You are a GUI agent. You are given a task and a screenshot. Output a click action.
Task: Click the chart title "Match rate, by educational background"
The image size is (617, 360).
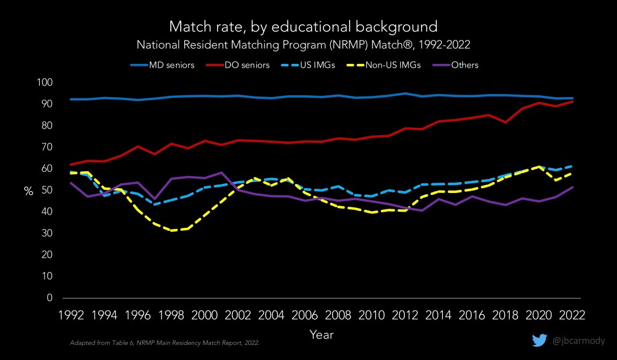coord(303,27)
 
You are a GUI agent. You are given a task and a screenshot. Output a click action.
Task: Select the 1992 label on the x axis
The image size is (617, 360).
coord(71,315)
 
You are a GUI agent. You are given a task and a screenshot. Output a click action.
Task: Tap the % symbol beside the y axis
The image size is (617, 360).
coord(28,191)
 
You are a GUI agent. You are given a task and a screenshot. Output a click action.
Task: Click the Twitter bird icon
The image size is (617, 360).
coord(539,341)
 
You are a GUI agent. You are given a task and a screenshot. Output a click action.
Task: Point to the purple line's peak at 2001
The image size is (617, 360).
coord(222,172)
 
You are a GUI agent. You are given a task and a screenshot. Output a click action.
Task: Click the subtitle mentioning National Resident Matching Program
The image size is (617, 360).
coord(303,45)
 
